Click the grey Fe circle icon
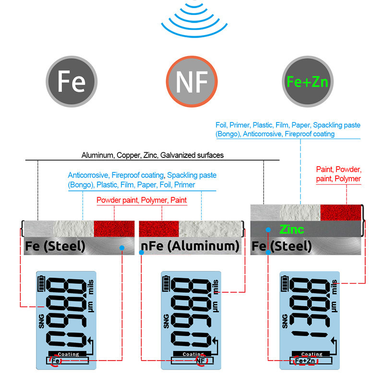[x=72, y=81]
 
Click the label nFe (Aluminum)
[x=190, y=247]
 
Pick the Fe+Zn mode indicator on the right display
[x=305, y=360]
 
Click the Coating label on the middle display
[x=192, y=354]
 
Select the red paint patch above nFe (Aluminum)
[x=159, y=228]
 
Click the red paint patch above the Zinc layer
[x=341, y=213]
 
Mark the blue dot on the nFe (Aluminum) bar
[x=141, y=252]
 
